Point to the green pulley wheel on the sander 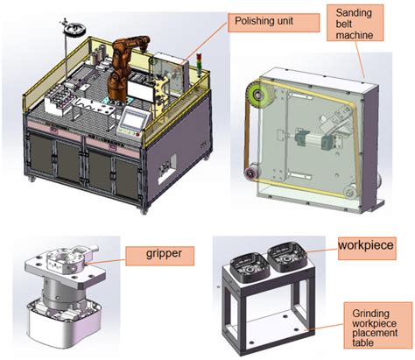pyautogui.click(x=259, y=95)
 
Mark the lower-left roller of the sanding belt pyautogui.click(x=254, y=174)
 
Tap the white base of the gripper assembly pyautogui.click(x=60, y=329)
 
